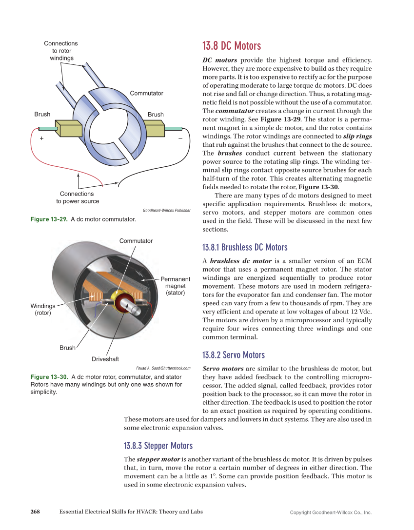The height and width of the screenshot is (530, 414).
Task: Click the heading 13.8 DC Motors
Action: tap(232, 46)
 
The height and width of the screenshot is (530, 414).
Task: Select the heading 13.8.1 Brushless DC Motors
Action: tap(245, 247)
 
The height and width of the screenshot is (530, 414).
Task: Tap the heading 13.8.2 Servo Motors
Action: tap(234, 355)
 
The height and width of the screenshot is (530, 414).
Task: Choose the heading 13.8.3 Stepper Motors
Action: tap(158, 446)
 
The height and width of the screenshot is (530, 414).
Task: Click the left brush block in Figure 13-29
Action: tap(68, 129)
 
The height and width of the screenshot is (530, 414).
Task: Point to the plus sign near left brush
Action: tap(41, 138)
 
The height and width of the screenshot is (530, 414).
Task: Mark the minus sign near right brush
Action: tap(180, 138)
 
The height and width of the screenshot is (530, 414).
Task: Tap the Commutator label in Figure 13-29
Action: tap(146, 93)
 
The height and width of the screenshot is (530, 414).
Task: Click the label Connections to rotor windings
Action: tap(61, 51)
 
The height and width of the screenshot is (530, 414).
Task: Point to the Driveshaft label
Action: tap(105, 359)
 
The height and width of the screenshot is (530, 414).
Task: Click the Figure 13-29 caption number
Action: tap(49, 219)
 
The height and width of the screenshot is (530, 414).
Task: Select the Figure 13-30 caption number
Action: tap(49, 377)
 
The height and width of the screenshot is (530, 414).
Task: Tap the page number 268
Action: tap(35, 511)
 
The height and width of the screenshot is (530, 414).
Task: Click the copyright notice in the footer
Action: tap(331, 512)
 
